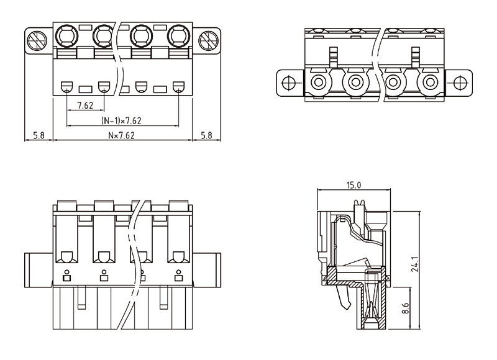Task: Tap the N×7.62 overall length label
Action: pos(122,134)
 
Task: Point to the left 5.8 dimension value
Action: pos(38,134)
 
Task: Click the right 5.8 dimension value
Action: pos(206,134)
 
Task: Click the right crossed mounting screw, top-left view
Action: pos(207,41)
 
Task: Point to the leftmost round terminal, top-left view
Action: pos(66,35)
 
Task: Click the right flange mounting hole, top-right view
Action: pos(458,82)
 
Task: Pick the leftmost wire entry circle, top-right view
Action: pos(318,82)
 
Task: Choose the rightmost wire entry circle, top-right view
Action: pos(429,82)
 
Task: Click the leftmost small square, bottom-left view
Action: pos(67,277)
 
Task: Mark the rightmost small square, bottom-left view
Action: pos(179,277)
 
